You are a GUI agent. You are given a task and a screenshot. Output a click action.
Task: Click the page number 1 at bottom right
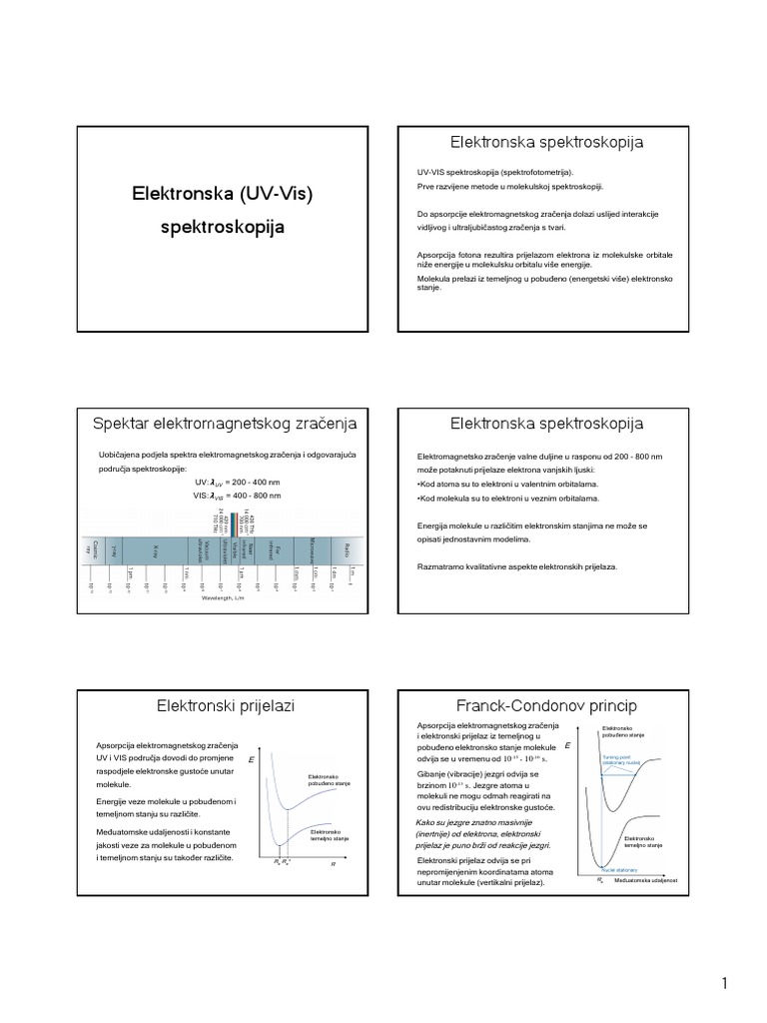(x=725, y=984)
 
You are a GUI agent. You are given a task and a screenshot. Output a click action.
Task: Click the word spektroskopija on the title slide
(x=223, y=227)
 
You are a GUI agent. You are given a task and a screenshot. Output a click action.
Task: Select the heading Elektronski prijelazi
(x=223, y=706)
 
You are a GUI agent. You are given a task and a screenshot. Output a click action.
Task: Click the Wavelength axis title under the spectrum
(x=222, y=598)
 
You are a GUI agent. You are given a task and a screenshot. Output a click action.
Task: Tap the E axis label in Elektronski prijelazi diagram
(x=251, y=760)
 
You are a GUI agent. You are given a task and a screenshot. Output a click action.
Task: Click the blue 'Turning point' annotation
(x=622, y=759)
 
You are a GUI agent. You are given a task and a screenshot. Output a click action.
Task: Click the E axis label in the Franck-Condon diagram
(x=567, y=746)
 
